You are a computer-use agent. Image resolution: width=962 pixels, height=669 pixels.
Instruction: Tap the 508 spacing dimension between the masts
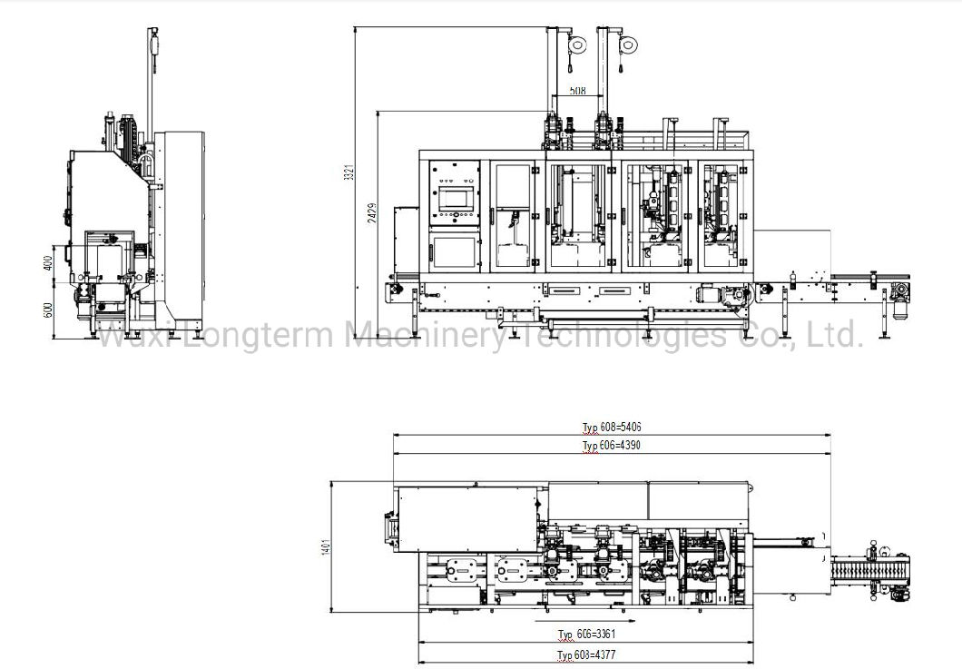[576, 91]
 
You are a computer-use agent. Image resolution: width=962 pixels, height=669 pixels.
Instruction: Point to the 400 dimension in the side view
[48, 263]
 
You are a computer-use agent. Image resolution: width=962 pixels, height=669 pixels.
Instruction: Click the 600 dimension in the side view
[48, 309]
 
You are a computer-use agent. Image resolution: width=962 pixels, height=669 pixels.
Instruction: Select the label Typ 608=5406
[613, 427]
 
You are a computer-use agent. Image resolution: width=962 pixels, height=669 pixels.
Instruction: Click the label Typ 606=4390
[613, 446]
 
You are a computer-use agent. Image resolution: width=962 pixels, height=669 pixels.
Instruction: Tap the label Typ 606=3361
[587, 634]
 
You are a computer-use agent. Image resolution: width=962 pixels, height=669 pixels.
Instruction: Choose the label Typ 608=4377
[587, 654]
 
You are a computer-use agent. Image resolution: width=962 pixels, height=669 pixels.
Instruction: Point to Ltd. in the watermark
[834, 336]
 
